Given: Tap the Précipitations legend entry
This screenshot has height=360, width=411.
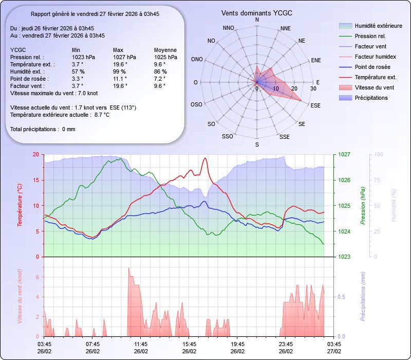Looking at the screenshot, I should tap(371, 98).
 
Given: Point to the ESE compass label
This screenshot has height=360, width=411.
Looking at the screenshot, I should tap(316, 105).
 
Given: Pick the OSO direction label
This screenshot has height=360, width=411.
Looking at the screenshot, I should tap(196, 104).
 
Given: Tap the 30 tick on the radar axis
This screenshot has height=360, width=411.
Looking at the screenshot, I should tap(313, 88).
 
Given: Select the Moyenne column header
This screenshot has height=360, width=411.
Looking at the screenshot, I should tap(165, 50).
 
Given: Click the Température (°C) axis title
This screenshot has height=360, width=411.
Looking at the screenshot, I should tap(20, 205).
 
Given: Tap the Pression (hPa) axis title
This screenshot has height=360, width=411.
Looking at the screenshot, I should tap(363, 205).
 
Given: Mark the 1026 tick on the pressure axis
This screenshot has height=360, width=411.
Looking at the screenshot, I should tap(344, 180).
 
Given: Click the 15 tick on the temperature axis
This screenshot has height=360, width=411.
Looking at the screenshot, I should tap(35, 180).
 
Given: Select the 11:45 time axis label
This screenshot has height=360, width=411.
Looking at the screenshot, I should tap(141, 344).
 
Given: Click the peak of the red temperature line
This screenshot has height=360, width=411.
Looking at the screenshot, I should tap(205, 158).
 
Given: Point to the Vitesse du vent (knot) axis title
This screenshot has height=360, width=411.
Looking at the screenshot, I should tap(20, 297).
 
